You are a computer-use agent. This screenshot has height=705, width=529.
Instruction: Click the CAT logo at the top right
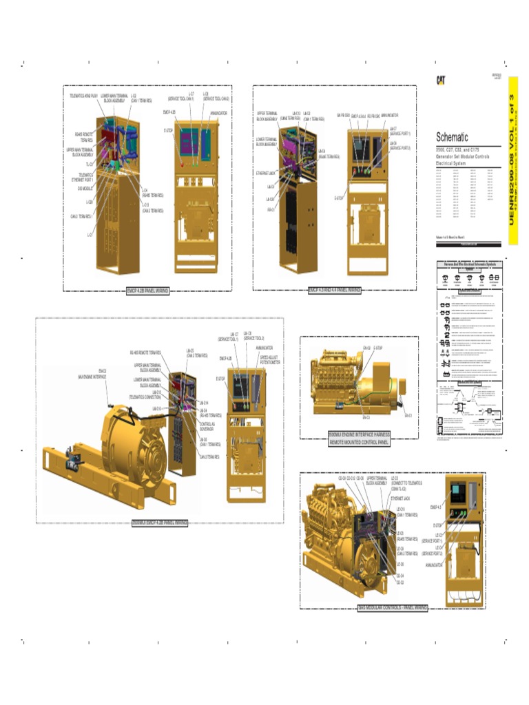click(440, 81)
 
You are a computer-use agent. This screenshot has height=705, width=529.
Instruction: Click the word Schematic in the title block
click(452, 137)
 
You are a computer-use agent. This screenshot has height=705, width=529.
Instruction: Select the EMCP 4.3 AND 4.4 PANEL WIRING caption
click(334, 290)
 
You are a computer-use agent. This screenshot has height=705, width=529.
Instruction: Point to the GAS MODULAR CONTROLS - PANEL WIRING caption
click(393, 608)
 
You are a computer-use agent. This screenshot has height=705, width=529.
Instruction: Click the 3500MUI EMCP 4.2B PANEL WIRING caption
click(160, 523)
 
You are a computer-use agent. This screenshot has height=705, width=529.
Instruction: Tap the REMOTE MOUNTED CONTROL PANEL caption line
click(358, 442)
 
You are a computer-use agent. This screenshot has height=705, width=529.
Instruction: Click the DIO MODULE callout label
click(85, 187)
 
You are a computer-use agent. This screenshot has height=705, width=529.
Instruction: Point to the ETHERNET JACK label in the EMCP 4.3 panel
click(266, 173)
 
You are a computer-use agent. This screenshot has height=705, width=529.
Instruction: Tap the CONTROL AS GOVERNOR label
click(208, 425)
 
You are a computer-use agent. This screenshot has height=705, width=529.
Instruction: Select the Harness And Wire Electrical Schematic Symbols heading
click(469, 264)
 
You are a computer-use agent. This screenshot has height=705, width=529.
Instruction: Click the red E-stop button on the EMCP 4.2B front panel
click(182, 166)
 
